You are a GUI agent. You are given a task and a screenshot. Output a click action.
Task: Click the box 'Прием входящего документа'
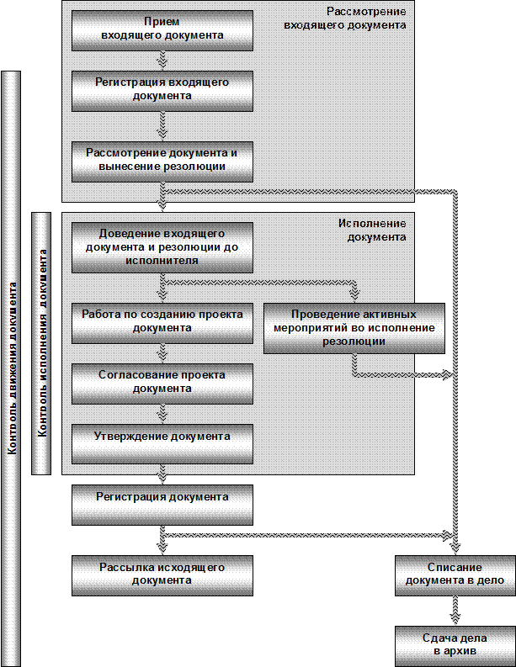coord(162,30)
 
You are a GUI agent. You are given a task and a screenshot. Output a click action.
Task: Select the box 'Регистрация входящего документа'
coord(162,90)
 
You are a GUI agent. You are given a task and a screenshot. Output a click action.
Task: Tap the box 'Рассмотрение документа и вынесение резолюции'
coord(162,160)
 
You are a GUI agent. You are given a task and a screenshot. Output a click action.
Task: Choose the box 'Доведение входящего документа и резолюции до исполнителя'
coord(162,246)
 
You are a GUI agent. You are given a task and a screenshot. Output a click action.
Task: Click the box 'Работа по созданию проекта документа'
coord(162,322)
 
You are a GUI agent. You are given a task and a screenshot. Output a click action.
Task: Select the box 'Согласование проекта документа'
coord(162,383)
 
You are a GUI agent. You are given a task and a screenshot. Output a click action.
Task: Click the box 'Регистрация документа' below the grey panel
coord(162,502)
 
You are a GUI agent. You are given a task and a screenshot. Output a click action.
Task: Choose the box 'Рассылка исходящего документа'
coord(162,574)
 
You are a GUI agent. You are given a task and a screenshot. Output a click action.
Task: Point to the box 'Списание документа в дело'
coord(455,575)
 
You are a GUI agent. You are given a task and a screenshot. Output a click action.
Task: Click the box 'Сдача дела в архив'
coord(455,645)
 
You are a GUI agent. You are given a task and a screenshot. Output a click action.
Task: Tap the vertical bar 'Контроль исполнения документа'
coord(41,343)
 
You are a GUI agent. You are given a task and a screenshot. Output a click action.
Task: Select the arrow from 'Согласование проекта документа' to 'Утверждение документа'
coord(163,413)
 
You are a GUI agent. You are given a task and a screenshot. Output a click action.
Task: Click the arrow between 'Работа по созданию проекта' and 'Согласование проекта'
coord(163,353)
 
